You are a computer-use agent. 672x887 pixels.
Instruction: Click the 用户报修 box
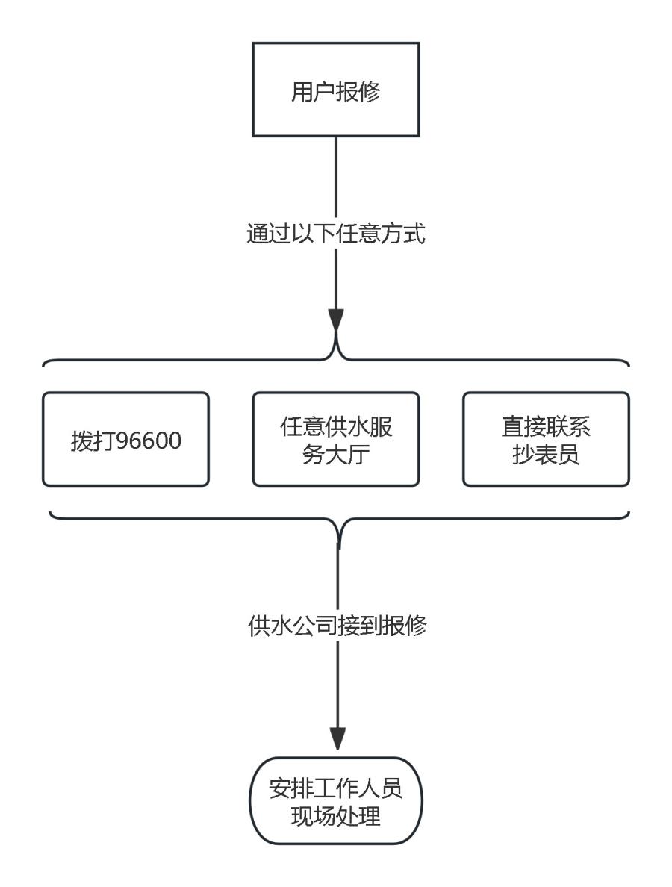335,90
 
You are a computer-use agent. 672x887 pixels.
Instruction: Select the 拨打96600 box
125,440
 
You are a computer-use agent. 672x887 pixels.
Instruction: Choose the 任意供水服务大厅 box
335,440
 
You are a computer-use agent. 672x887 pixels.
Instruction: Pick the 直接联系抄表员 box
546,440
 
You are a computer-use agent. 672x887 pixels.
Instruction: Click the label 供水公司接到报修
335,626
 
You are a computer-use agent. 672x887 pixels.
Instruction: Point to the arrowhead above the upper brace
336,321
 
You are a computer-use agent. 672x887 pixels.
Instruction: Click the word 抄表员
546,455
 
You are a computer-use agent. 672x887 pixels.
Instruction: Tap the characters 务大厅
335,455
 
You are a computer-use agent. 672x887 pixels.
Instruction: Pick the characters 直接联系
546,427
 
